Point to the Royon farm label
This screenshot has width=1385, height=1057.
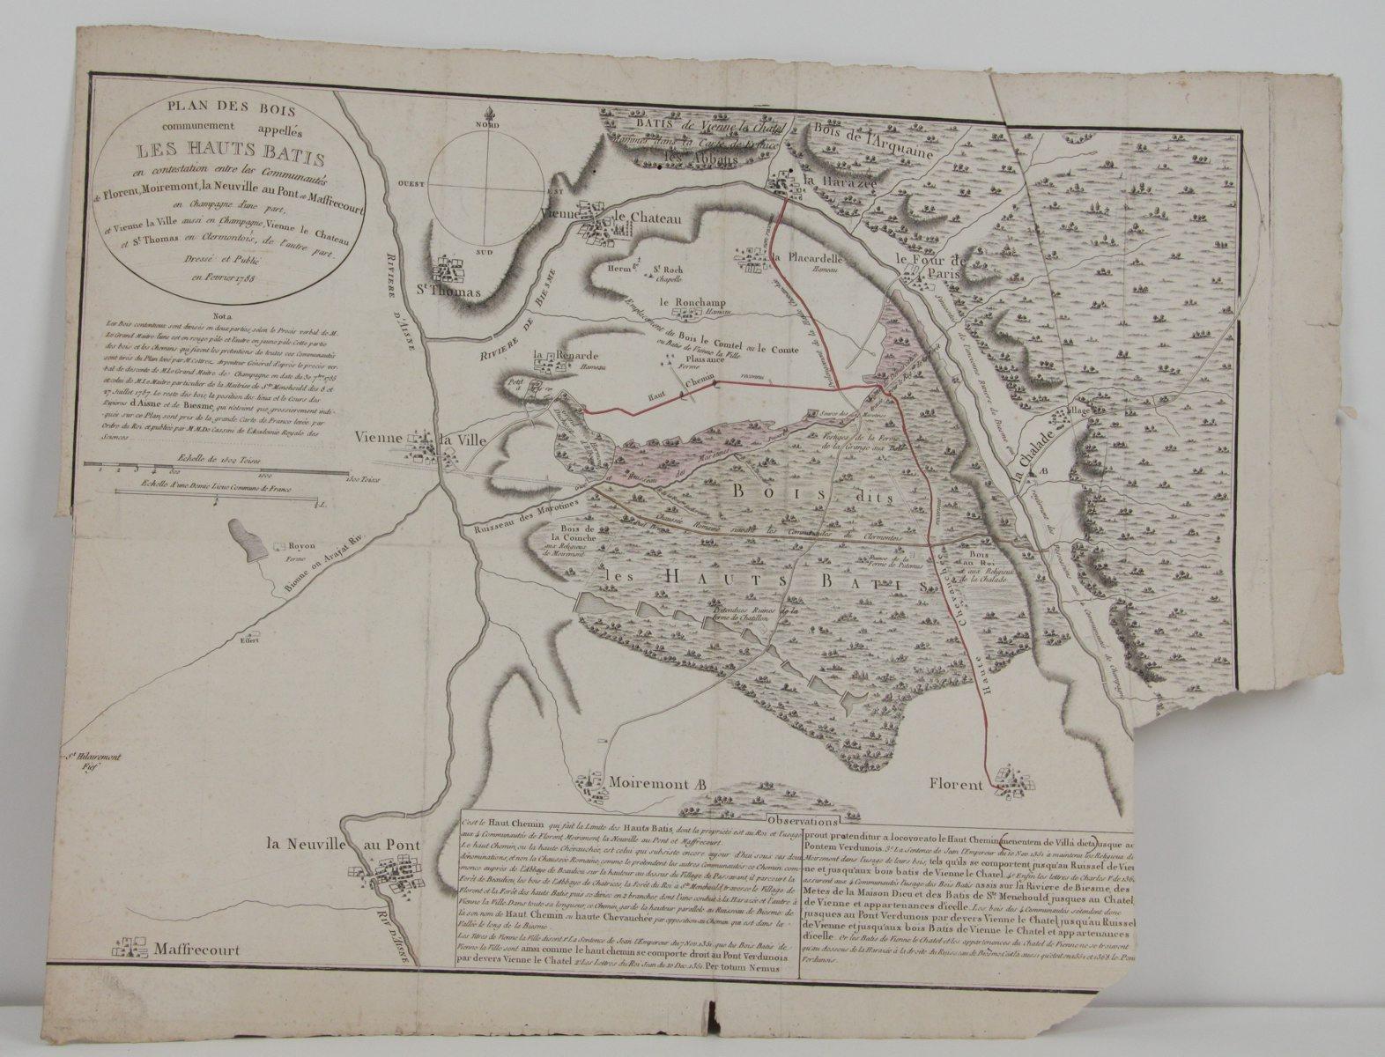point(286,545)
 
